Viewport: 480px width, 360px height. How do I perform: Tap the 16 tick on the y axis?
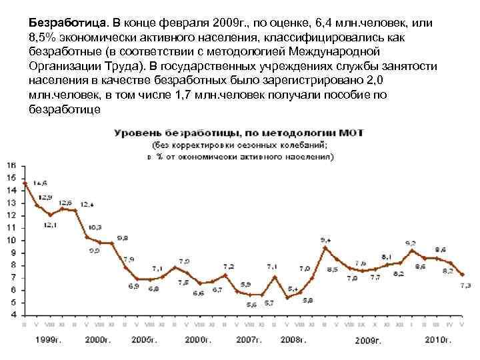(x=11, y=165)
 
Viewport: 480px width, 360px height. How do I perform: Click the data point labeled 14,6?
(x=25, y=183)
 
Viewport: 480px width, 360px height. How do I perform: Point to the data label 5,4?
(x=293, y=289)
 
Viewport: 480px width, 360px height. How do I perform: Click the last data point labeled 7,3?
(x=464, y=274)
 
